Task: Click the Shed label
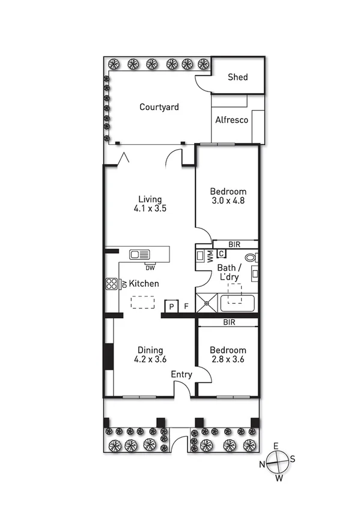click(x=237, y=78)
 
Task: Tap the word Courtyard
click(x=159, y=107)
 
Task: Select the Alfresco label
click(x=232, y=120)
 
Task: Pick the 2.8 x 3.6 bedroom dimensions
click(x=228, y=360)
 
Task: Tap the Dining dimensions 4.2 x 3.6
click(x=150, y=360)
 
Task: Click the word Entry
click(x=182, y=375)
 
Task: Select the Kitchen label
click(x=144, y=283)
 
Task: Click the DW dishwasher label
click(x=150, y=268)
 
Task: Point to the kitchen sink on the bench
click(x=139, y=254)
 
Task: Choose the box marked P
click(x=172, y=306)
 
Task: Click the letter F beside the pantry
click(x=186, y=306)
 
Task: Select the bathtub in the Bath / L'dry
click(x=238, y=303)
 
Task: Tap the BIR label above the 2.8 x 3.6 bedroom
click(x=228, y=322)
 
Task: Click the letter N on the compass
click(x=262, y=464)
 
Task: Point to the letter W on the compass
click(x=278, y=479)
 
